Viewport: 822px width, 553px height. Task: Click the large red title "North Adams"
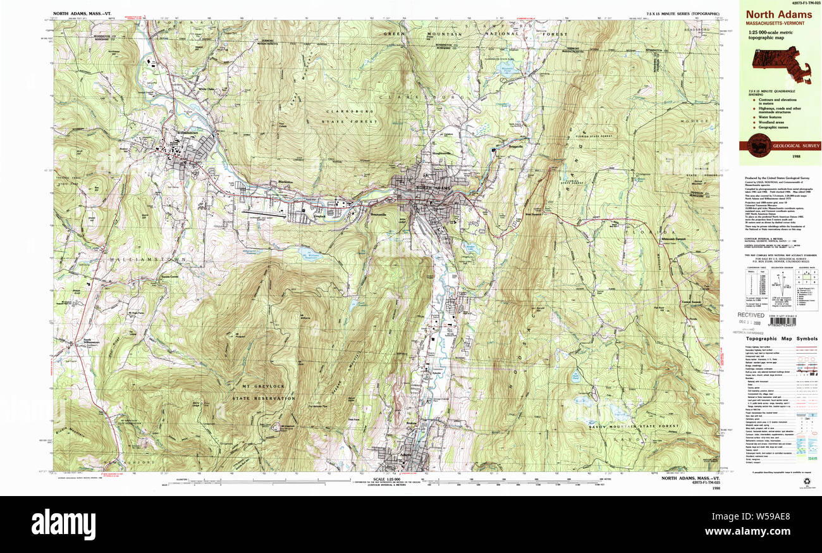778,15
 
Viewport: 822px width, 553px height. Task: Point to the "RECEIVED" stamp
751,314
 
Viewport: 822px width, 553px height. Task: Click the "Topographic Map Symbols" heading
782,339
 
